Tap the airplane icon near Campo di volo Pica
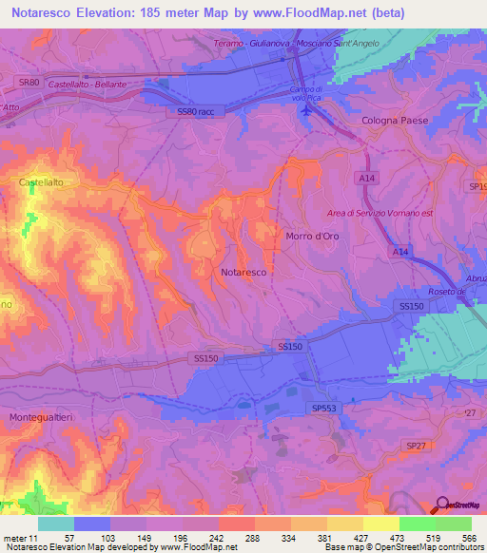(x=304, y=112)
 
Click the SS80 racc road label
(x=198, y=111)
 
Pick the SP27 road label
(x=417, y=445)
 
